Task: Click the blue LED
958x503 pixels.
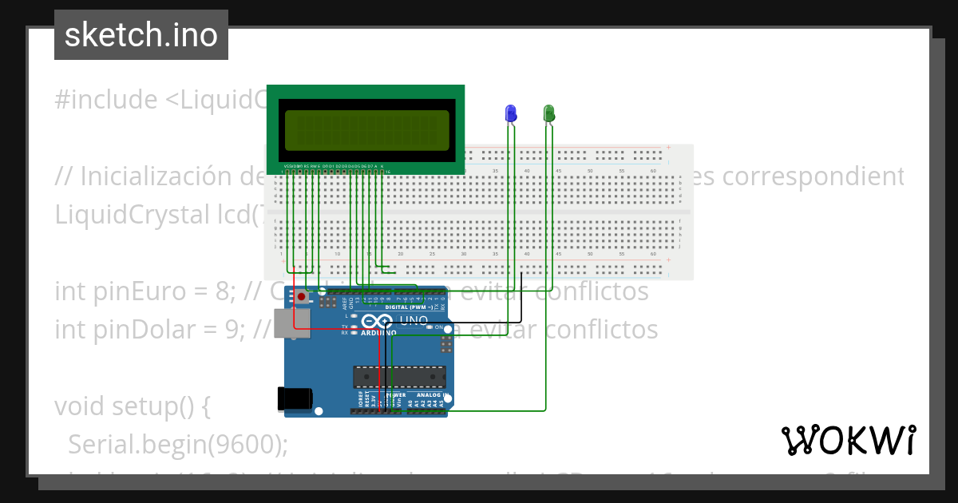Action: coord(511,113)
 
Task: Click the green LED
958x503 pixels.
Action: coord(549,113)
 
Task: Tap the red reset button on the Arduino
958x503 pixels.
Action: coord(301,297)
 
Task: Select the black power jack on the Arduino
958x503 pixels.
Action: coord(291,399)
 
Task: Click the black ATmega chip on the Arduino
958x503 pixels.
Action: coord(400,376)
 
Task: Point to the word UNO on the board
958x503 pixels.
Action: coord(414,320)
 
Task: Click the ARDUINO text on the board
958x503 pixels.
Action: coord(376,334)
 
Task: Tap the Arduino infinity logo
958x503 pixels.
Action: coord(377,322)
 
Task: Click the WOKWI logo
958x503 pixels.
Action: coord(848,440)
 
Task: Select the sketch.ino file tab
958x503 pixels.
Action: coord(141,35)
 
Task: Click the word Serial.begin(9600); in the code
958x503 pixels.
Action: coord(177,445)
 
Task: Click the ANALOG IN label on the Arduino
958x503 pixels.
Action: coord(430,394)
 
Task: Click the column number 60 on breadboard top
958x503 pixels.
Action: coord(653,171)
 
